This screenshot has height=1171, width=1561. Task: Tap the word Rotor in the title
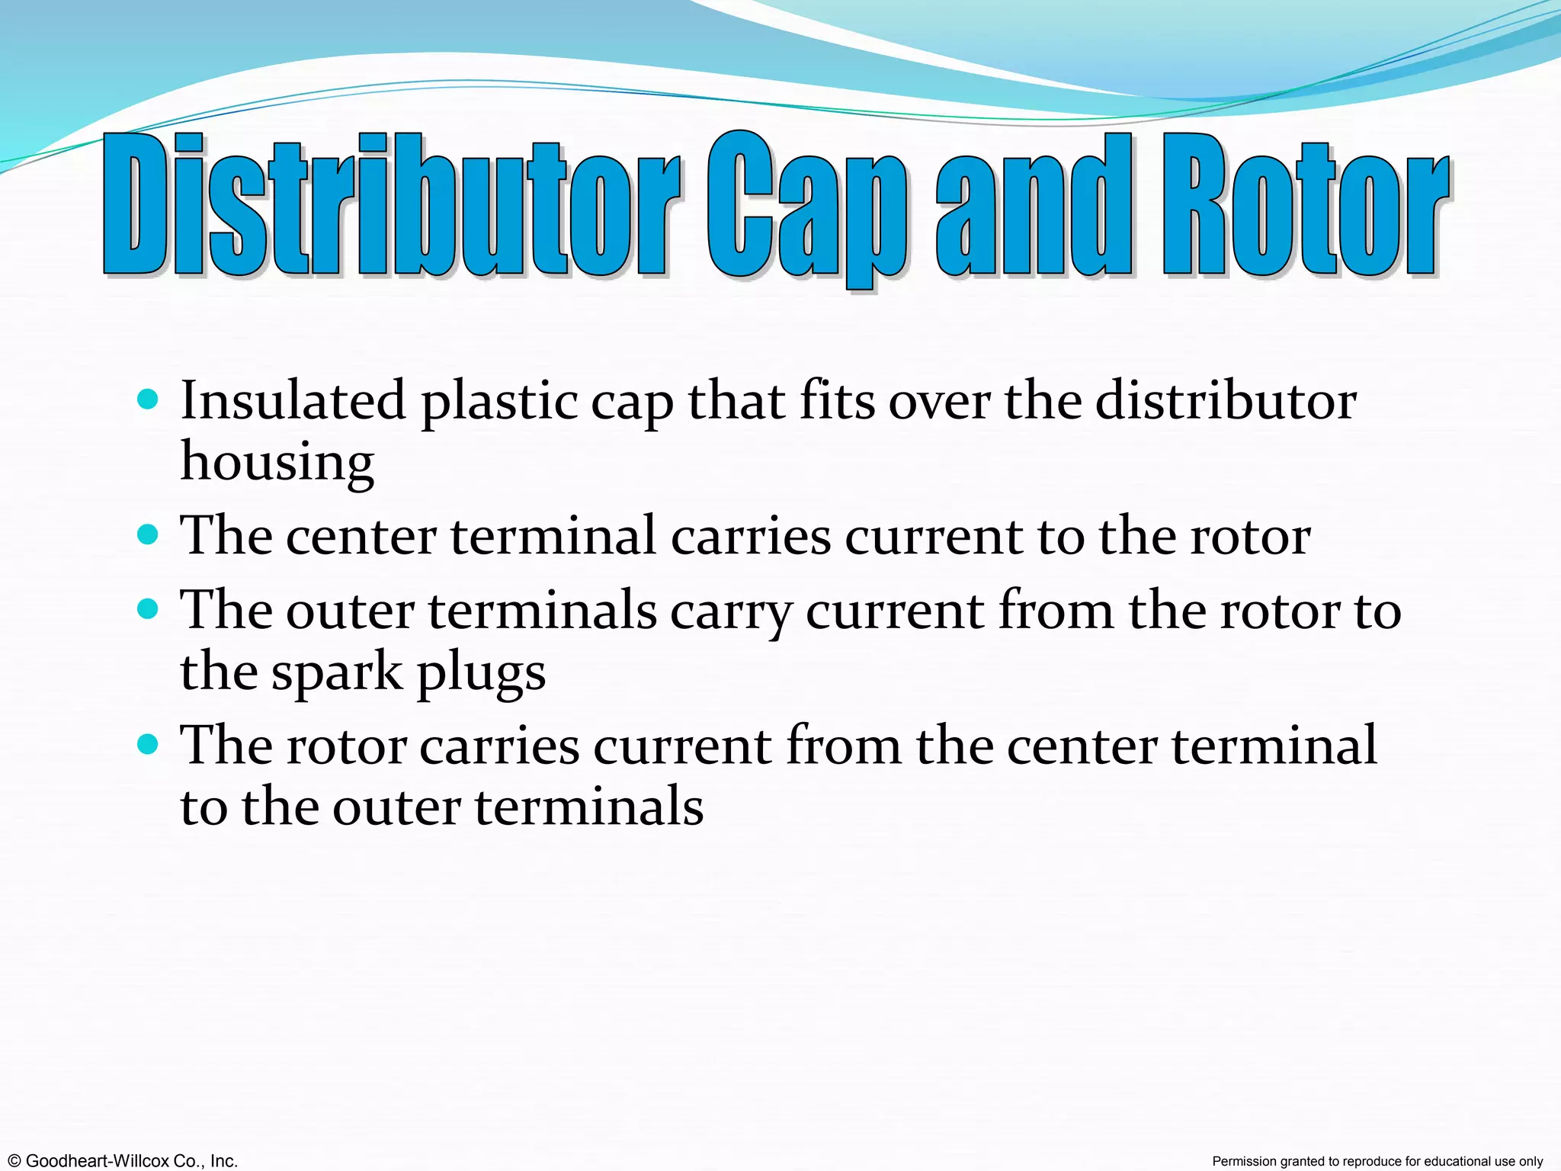click(1305, 204)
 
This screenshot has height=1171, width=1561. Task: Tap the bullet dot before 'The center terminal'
click(148, 533)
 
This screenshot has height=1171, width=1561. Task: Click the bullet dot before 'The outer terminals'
click(148, 608)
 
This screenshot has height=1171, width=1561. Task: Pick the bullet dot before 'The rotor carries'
click(148, 743)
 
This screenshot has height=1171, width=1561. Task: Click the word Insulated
click(293, 401)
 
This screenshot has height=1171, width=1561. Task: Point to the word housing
click(277, 462)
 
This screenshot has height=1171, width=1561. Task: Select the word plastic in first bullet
click(498, 403)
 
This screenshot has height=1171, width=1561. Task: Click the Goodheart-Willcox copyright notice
click(120, 1161)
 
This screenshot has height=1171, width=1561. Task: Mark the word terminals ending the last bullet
click(588, 807)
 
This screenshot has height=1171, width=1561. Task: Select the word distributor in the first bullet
click(1226, 401)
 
